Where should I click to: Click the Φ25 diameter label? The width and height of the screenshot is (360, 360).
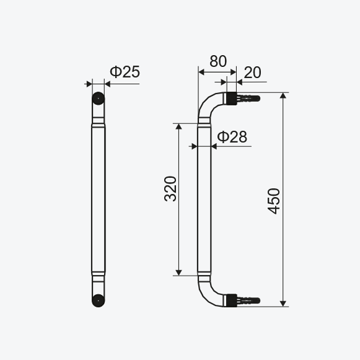[125, 72]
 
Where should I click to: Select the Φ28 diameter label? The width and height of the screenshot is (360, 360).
[232, 137]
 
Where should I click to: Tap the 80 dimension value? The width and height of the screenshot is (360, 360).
[218, 61]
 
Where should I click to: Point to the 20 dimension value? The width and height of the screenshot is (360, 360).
[252, 72]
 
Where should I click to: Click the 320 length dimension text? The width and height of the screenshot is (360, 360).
[170, 189]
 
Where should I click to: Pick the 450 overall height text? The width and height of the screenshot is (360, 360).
[274, 201]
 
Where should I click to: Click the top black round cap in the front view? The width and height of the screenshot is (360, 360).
[99, 99]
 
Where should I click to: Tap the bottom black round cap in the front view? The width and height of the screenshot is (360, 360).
[99, 301]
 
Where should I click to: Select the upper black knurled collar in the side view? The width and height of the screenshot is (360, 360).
[232, 99]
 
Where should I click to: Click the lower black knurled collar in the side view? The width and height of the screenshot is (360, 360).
[232, 301]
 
